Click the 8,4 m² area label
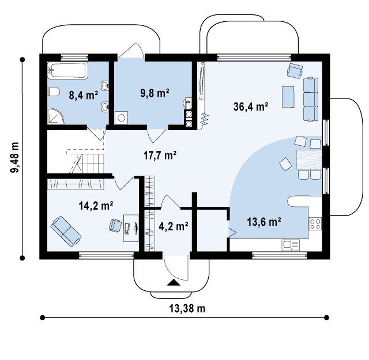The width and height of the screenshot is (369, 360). (x=84, y=96)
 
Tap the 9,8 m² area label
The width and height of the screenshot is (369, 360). (x=155, y=93)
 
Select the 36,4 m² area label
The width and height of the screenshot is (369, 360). (x=251, y=107)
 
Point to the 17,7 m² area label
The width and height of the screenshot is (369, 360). (x=160, y=156)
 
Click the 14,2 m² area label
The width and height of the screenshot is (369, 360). (x=96, y=206)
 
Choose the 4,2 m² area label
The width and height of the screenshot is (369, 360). (x=174, y=226)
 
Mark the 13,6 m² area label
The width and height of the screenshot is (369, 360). (x=264, y=222)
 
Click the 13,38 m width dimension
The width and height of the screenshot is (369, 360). (x=187, y=308)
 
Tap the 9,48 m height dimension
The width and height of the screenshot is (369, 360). (x=14, y=157)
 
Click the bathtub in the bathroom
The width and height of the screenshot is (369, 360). (x=68, y=70)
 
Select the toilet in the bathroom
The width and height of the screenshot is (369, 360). (x=54, y=92)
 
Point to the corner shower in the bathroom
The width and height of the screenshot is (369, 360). (x=55, y=116)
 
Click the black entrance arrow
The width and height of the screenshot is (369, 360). (x=174, y=283)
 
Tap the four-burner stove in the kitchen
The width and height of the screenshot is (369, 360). (x=315, y=223)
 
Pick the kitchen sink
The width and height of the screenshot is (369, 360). (x=291, y=245)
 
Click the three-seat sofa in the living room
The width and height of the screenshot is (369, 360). (x=311, y=99)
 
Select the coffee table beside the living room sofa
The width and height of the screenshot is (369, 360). (x=288, y=97)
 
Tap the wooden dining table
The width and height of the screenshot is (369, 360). (x=309, y=160)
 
